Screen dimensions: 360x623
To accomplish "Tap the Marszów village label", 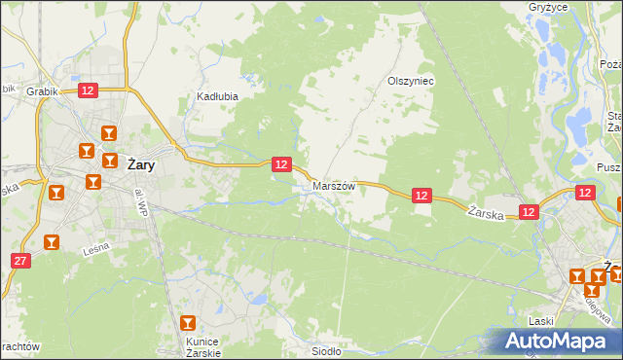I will click(x=334, y=185).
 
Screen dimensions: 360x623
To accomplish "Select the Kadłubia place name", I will click(x=218, y=96).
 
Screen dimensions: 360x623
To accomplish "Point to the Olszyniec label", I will click(x=410, y=81).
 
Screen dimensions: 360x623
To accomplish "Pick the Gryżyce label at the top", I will click(x=575, y=6).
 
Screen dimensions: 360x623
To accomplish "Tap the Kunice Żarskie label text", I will click(x=203, y=346).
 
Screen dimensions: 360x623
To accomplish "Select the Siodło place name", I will click(x=325, y=351).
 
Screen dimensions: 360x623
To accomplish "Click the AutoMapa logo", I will click(x=556, y=342).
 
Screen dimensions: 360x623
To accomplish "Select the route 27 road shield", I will click(x=20, y=261).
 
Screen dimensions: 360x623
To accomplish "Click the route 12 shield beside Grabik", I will click(x=88, y=90).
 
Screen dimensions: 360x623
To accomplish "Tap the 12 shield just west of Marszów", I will click(x=280, y=164).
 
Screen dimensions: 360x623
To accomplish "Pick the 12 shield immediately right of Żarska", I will click(x=529, y=211).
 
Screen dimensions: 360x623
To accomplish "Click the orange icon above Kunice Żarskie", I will click(x=188, y=323).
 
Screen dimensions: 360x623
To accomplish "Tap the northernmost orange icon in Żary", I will click(x=109, y=133).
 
